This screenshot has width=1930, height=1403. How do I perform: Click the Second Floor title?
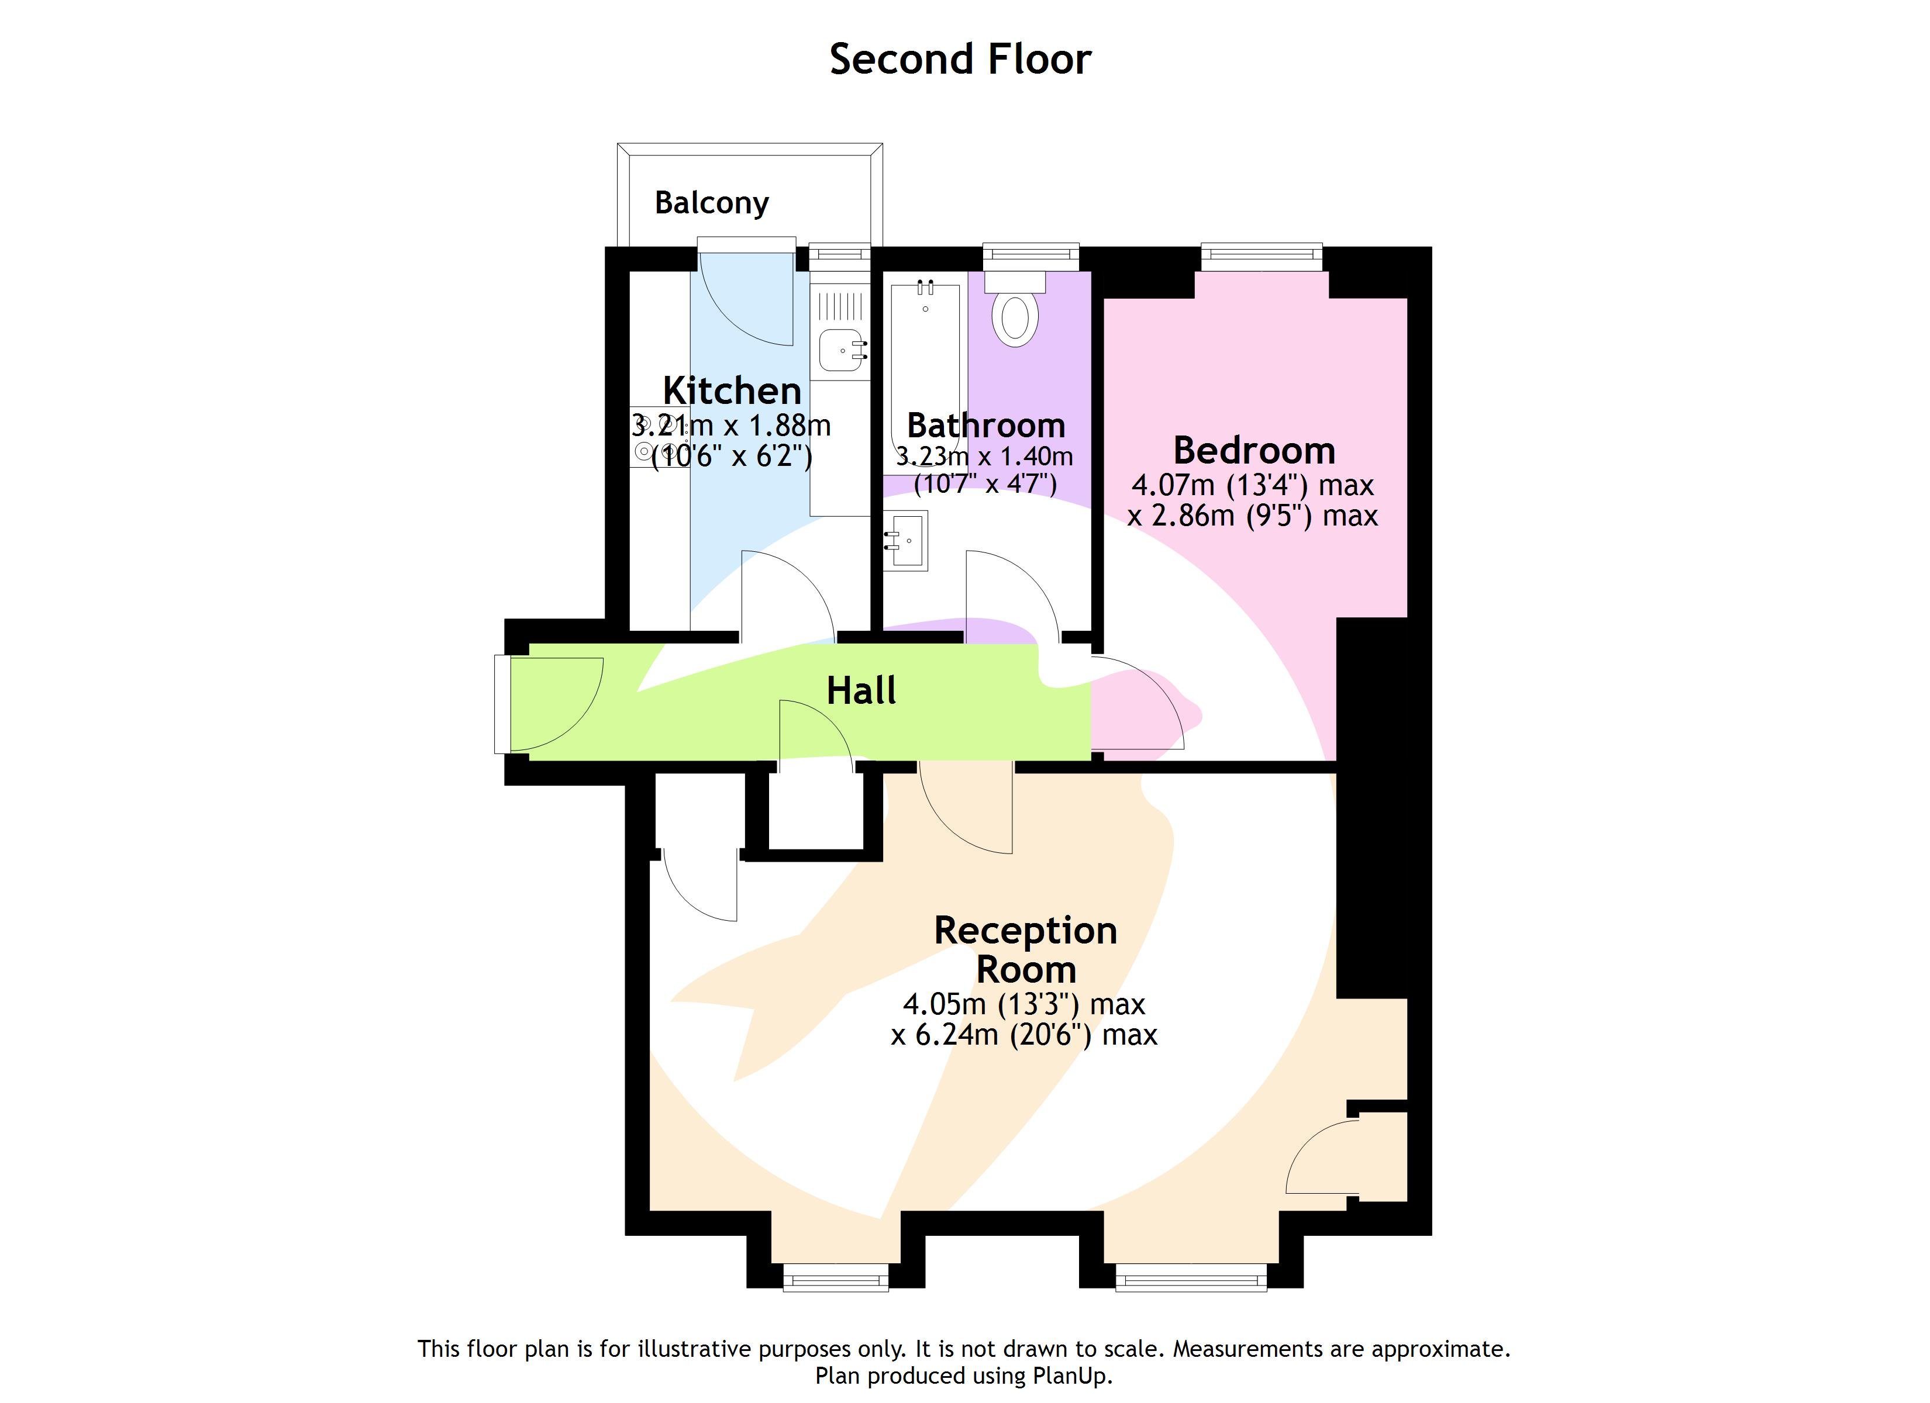pos(960,60)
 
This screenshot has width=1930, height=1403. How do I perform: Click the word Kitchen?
pos(732,391)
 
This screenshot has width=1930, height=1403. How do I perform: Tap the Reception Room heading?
pos(1025,949)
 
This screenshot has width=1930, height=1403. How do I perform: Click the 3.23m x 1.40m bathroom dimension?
pos(984,457)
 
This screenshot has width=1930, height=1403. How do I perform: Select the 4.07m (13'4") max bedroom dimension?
pos(1253,485)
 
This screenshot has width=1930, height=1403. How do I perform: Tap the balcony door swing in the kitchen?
pos(749,298)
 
